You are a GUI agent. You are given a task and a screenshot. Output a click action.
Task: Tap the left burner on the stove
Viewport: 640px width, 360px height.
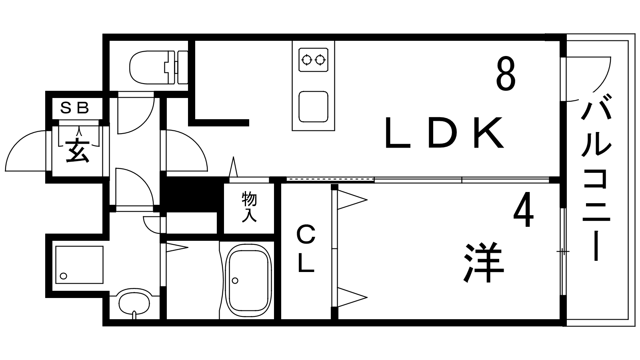307,60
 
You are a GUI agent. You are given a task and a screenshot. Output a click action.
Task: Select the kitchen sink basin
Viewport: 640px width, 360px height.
313,106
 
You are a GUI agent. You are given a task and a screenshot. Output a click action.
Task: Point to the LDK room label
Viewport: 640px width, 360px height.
443,133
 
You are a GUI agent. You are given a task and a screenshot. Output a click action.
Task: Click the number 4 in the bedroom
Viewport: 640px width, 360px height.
523,211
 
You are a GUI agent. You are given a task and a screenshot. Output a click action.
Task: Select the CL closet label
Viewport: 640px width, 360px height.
306,249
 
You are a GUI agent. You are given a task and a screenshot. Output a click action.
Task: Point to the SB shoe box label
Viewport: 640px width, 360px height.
74,108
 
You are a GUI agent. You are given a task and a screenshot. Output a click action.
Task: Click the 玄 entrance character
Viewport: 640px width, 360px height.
77,151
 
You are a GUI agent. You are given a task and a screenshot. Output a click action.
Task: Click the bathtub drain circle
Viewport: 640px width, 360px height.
235,280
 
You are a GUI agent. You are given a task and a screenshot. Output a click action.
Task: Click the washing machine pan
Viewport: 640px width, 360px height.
79,264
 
